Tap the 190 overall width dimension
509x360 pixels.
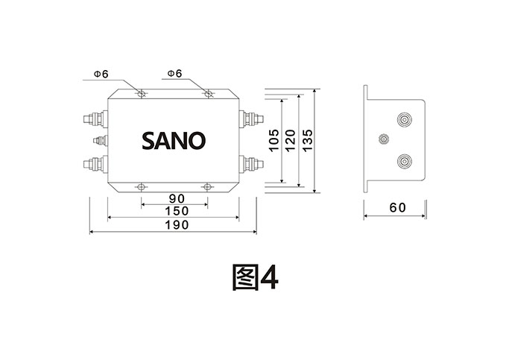174,225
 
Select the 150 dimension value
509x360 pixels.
174,212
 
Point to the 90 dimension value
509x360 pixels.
176,198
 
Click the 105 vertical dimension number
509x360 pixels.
274,139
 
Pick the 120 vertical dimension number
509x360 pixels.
291,139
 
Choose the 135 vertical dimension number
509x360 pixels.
307,139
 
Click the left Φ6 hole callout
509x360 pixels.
101,74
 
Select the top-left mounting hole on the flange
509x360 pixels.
142,94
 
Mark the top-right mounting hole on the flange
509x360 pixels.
208,94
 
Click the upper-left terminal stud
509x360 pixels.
94,118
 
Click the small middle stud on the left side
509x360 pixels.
99,139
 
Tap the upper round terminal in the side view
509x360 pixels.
403,119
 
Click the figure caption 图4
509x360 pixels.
255,277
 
